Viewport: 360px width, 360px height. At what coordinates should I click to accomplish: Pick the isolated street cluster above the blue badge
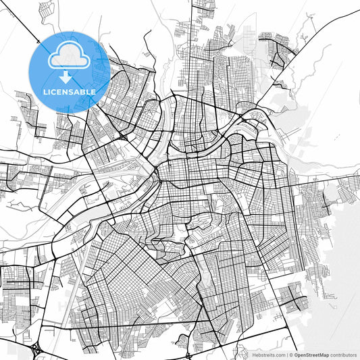coord(46,10)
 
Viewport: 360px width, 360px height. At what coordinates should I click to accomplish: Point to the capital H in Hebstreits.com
coord(254,354)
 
